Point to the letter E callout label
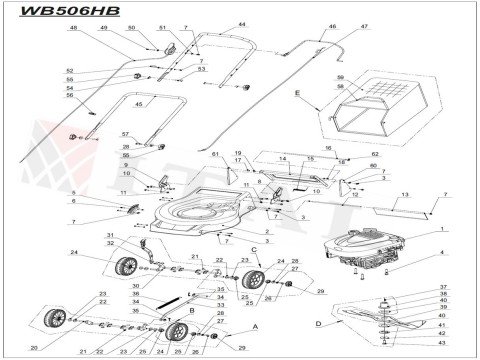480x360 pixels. click(x=298, y=91)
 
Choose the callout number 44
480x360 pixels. click(x=241, y=23)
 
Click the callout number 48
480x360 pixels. click(x=73, y=29)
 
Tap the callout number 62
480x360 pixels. click(x=375, y=155)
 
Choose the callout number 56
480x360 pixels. click(x=69, y=95)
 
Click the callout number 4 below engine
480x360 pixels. click(x=442, y=256)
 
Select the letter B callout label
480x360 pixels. click(x=191, y=311)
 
